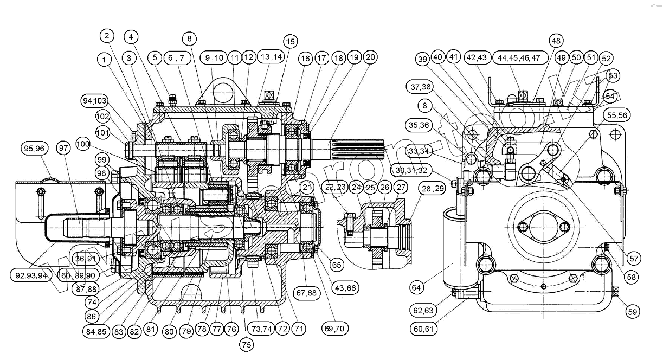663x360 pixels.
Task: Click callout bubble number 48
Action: coord(555,41)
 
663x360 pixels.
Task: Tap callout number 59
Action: coord(632,311)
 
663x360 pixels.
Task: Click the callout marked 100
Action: coord(82,145)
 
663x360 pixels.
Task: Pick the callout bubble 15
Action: coord(290,41)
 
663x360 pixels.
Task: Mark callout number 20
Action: coord(371,57)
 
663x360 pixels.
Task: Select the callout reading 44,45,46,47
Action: coord(519,57)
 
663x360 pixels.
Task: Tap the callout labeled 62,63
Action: coord(423,311)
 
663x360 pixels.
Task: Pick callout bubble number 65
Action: coord(337,265)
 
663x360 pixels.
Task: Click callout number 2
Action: coord(107,36)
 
